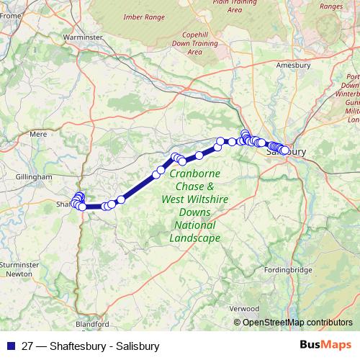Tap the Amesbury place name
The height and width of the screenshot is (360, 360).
pos(293,65)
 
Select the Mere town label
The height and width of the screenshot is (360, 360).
pos(37,133)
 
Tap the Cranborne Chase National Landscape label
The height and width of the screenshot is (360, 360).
pos(195,205)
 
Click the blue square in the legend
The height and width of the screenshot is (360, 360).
pos(11,346)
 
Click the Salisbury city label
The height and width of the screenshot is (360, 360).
pos(286,153)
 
